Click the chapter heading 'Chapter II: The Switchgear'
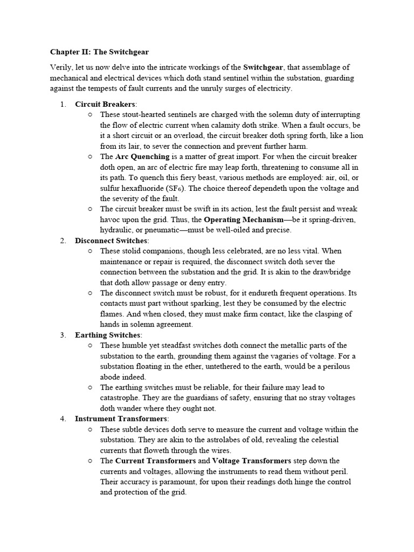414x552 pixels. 99,52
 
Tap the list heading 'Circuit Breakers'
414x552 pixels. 106,104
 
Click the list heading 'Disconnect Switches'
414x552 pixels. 111,241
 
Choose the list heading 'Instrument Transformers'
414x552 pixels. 121,419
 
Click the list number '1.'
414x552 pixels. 63,104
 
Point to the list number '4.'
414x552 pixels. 63,419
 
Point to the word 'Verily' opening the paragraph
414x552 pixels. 61,67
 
